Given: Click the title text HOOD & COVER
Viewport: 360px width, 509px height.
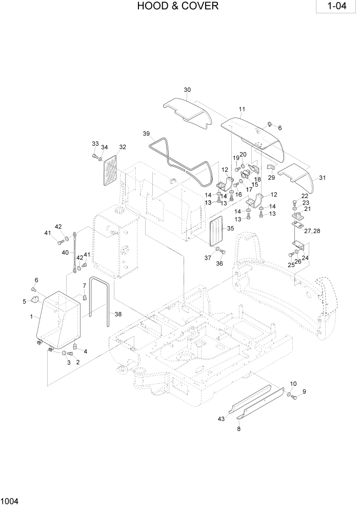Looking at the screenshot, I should pyautogui.click(x=177, y=7).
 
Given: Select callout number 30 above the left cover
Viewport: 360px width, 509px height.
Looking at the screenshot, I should pyautogui.click(x=187, y=90).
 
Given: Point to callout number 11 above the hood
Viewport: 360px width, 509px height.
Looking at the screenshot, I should pyautogui.click(x=242, y=109).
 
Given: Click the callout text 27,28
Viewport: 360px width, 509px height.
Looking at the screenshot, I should pyautogui.click(x=312, y=231).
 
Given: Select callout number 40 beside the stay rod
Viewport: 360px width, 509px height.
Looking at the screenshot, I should pyautogui.click(x=65, y=252).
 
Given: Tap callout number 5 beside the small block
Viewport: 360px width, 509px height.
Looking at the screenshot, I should pyautogui.click(x=24, y=301).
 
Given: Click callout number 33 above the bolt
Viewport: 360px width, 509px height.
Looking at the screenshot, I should pyautogui.click(x=95, y=143).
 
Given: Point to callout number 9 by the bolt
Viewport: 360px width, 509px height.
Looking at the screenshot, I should pyautogui.click(x=304, y=392).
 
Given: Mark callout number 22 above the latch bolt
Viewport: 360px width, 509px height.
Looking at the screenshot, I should pyautogui.click(x=305, y=196).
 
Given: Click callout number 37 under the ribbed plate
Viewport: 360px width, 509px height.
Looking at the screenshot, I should pyautogui.click(x=208, y=258).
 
